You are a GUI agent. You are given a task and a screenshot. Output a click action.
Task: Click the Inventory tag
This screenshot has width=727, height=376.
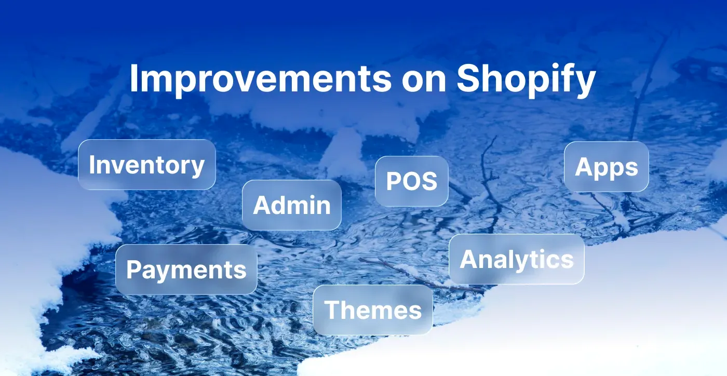[146, 165]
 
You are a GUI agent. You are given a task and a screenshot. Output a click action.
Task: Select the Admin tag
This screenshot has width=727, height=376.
[291, 205]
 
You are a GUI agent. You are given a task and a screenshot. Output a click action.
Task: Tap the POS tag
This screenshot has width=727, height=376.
[411, 181]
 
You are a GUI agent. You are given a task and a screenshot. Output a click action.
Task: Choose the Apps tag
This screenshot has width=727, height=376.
[606, 167]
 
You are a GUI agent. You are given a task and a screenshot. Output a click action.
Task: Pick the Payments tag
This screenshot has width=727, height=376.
[186, 270]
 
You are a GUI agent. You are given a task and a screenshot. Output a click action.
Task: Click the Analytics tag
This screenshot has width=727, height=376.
[516, 259]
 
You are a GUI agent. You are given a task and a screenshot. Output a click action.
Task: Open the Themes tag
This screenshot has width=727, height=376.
[372, 310]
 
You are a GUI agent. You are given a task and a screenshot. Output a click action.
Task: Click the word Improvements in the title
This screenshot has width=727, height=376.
[260, 79]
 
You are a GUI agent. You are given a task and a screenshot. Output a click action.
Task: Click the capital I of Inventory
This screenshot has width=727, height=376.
[92, 165]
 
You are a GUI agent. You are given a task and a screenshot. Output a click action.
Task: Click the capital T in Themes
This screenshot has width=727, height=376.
[333, 310]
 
